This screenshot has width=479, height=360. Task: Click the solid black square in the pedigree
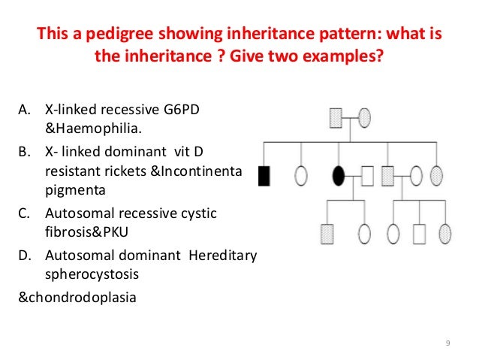click(264, 176)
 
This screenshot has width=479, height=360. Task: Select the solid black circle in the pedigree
click(339, 176)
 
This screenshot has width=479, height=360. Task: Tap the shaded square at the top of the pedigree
click(337, 117)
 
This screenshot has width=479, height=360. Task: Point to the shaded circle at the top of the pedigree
click(365, 117)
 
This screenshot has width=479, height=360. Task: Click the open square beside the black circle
click(368, 176)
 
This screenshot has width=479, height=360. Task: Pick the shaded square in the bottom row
click(327, 234)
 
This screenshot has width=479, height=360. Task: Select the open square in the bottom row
click(419, 234)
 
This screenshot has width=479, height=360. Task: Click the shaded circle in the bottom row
click(445, 234)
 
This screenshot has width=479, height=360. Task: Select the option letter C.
click(23, 213)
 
